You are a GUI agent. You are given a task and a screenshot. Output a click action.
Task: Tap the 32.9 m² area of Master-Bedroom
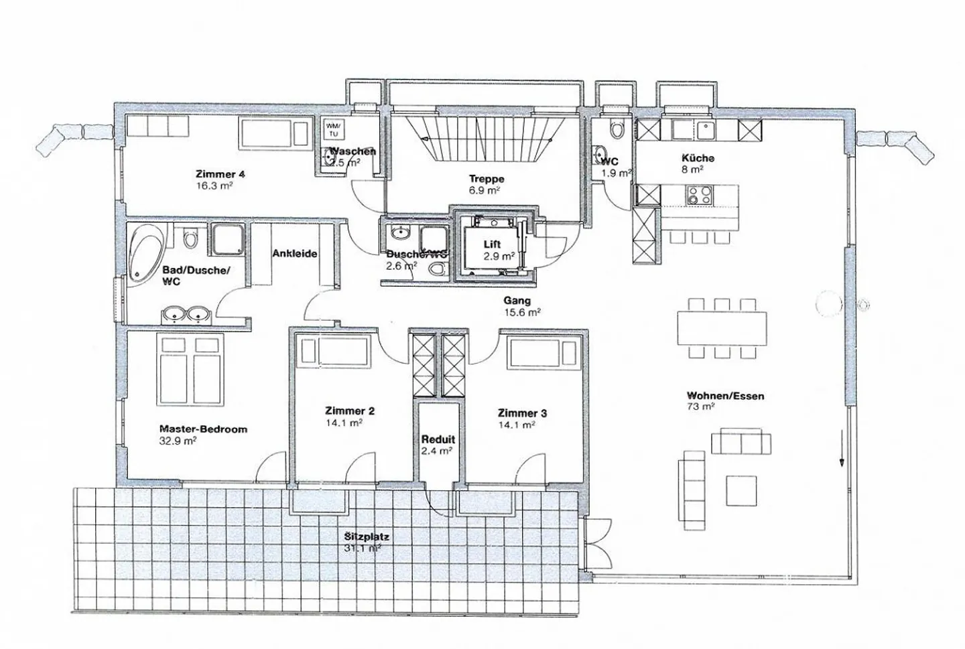[178, 441]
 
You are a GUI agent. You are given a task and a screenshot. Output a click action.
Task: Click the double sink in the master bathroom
[186, 313]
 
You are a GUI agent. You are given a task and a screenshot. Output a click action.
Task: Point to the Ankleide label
[294, 254]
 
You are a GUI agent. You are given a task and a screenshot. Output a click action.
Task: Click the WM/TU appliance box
[333, 129]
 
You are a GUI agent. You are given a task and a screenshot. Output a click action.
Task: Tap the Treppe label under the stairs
[487, 179]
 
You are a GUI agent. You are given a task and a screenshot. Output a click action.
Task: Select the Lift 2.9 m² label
[499, 250]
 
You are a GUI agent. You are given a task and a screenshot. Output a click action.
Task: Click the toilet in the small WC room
[617, 129]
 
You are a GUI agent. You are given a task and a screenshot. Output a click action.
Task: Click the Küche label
[698, 158]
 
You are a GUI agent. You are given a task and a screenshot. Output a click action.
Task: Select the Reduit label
[438, 439]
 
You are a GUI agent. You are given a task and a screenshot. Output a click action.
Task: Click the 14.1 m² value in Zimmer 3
[516, 425]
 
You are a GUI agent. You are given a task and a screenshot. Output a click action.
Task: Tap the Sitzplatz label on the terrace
[367, 536]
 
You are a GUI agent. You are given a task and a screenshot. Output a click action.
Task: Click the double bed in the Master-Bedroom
[182, 367]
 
